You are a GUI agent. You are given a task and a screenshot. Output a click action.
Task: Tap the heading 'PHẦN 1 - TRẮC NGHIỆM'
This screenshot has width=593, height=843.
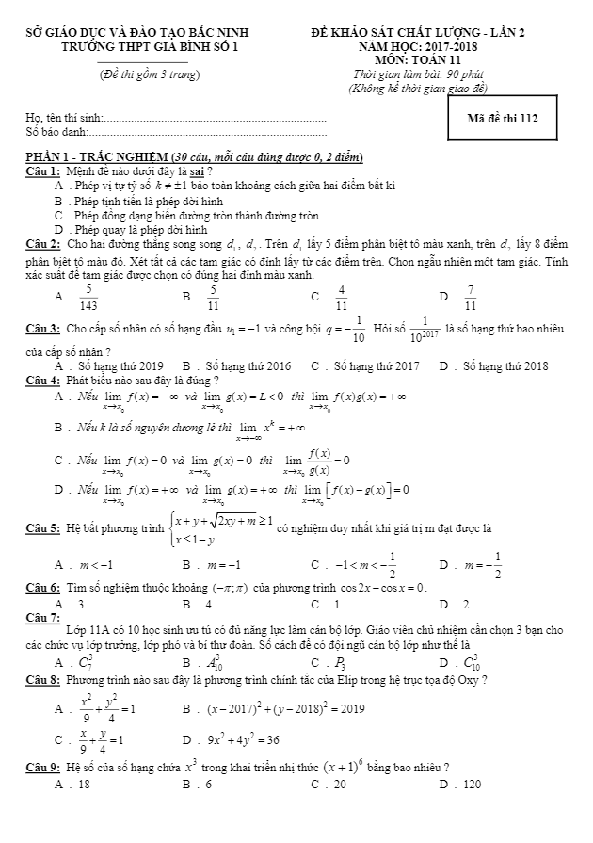[x=98, y=156]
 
